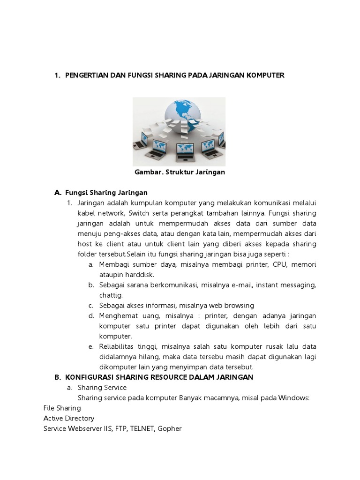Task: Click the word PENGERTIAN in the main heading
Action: click(x=87, y=75)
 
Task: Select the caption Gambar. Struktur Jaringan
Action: click(x=180, y=172)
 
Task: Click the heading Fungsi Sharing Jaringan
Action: click(x=106, y=193)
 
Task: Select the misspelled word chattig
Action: click(x=111, y=295)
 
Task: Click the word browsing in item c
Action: click(x=240, y=306)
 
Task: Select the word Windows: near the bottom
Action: click(x=294, y=398)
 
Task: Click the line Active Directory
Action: click(x=69, y=418)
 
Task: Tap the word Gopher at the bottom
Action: click(x=170, y=428)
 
